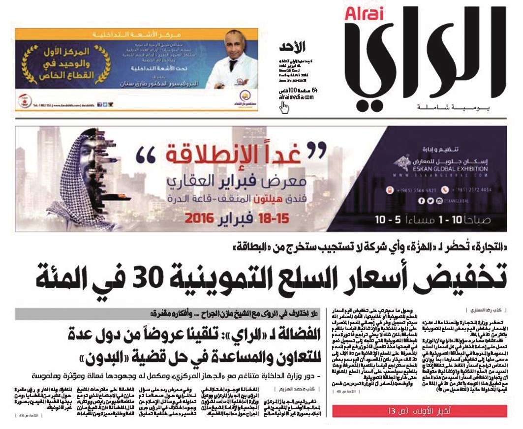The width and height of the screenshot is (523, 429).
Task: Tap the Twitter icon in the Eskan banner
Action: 430,201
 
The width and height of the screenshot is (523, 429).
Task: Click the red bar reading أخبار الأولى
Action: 418,410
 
